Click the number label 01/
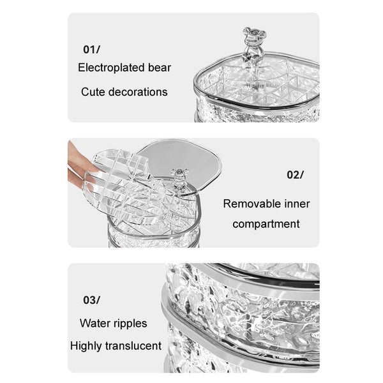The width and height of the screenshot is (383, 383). [x=91, y=49]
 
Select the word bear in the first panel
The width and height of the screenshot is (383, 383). [x=159, y=68]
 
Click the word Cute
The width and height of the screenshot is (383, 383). [x=93, y=92]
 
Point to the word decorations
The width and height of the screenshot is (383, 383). [x=138, y=92]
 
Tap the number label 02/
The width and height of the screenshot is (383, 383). [x=295, y=175]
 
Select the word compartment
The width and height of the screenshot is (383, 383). [x=266, y=224]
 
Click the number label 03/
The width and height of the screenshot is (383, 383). [x=91, y=300]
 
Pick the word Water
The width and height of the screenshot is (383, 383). [x=95, y=323]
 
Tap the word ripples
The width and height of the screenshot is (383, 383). [x=130, y=324]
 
